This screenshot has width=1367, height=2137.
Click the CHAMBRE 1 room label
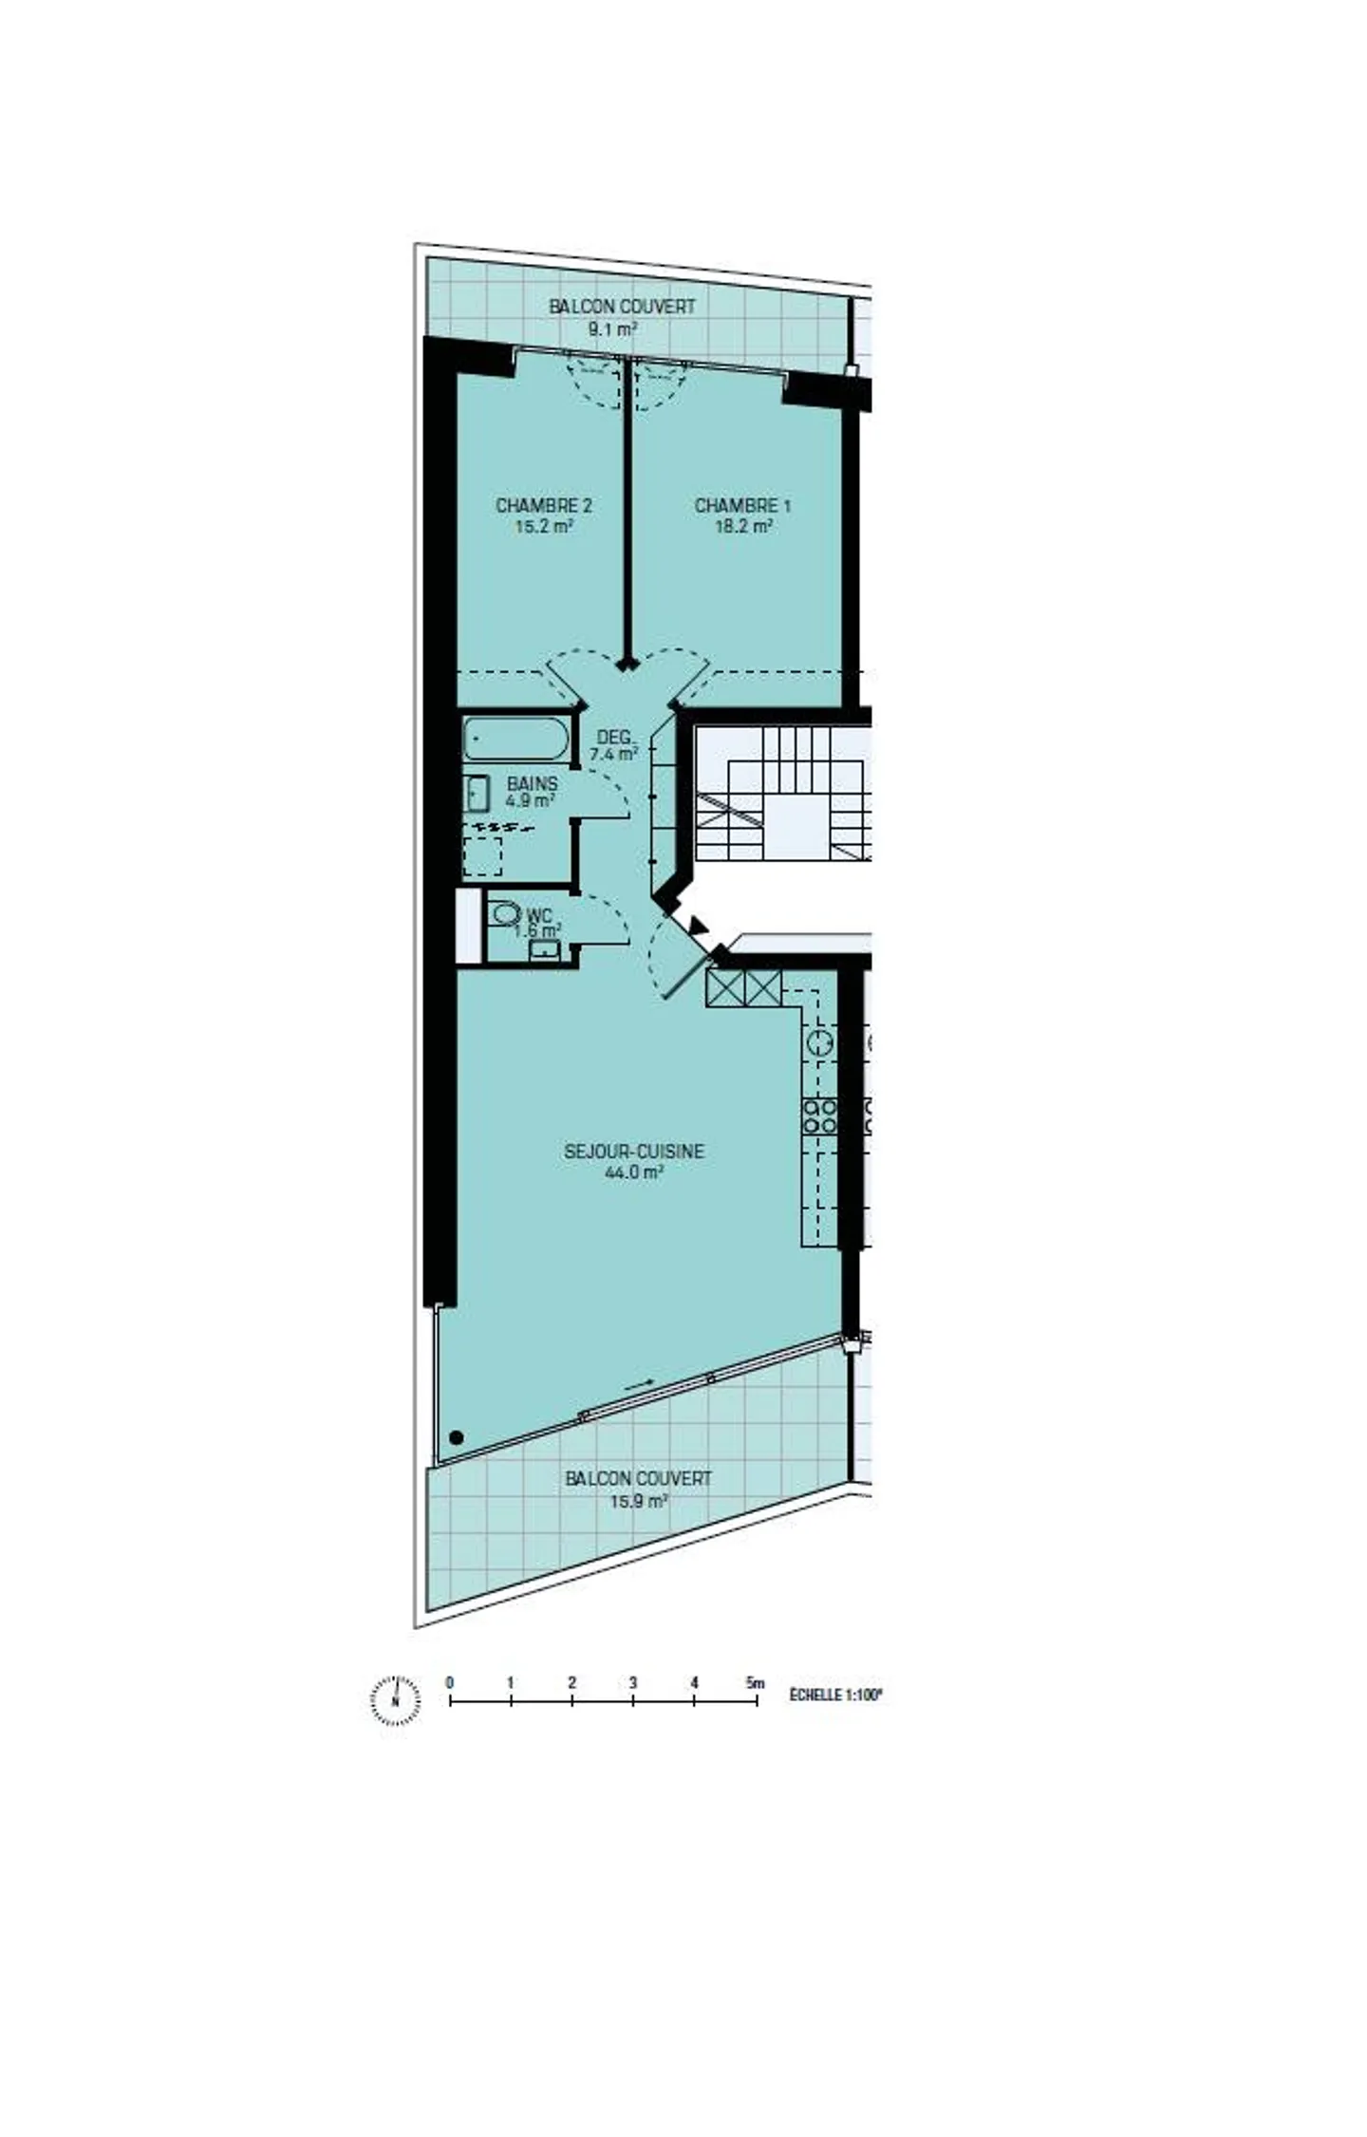pos(741,505)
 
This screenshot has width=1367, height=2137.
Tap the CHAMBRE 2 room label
pos(543,505)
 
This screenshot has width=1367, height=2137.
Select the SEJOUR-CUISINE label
pos(633,1151)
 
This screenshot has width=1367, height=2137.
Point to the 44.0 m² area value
pos(633,1172)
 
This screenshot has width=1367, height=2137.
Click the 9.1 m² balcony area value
pos(611,329)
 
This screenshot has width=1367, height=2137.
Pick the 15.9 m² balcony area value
pos(638,1501)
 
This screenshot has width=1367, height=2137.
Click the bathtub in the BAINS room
pos(516,739)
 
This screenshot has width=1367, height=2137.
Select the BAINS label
pos(532,783)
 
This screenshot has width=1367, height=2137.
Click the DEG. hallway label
pos(614,737)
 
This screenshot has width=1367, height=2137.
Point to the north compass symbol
pos(395,1699)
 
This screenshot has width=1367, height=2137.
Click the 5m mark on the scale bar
pos(756,1683)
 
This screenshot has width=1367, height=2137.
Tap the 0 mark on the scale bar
pos(450,1683)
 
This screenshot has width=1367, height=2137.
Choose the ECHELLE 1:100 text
pos(835,1695)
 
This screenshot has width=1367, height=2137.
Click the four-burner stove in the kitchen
pos(819,1115)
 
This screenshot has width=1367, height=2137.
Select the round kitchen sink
pos(819,1042)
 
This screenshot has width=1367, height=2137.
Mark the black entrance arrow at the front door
pos(700,924)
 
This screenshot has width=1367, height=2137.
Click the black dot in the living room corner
pos(456,1437)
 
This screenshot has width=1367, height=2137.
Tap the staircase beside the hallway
pos(780,793)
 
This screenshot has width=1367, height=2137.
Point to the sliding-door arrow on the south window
pos(639,1385)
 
